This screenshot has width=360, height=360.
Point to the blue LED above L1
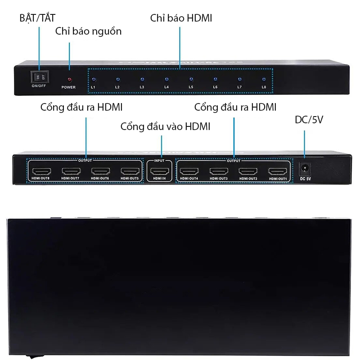point(93,79)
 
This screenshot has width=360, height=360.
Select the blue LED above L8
point(264,79)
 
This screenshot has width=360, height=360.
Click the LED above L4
point(166,79)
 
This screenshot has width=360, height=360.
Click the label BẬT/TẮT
point(37,18)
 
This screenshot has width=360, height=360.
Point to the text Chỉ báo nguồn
point(88,31)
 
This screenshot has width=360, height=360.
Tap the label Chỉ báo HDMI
point(181,18)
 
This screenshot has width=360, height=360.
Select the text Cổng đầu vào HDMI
point(165,126)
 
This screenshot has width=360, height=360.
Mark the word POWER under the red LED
point(68,87)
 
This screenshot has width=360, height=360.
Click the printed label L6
point(215,87)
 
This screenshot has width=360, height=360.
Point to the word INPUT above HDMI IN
point(159,160)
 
